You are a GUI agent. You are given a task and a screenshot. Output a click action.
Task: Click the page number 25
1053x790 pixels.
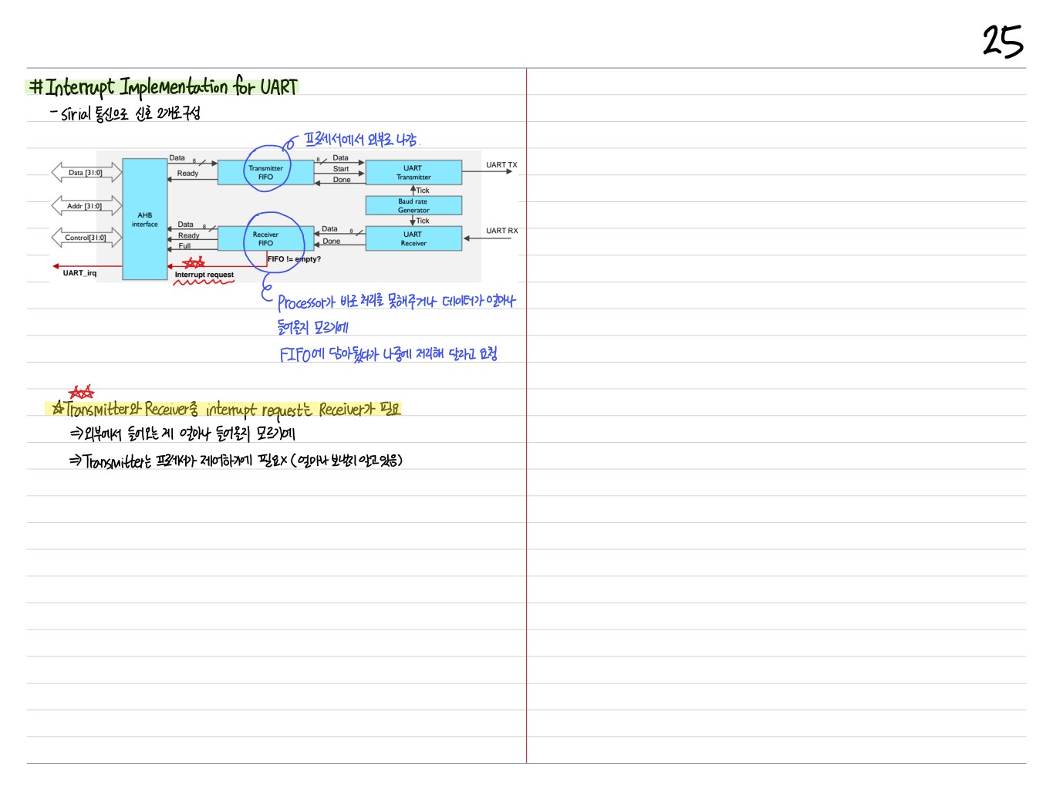click(1002, 41)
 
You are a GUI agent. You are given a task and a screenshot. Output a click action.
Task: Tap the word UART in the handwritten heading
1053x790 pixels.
click(278, 86)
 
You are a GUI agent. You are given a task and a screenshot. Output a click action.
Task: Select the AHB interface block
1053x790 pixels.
click(144, 220)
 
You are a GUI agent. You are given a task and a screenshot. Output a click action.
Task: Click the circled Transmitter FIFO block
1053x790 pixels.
click(265, 172)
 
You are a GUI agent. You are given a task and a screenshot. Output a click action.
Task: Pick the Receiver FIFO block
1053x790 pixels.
click(265, 238)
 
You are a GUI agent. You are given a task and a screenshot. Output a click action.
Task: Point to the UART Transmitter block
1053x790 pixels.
click(413, 172)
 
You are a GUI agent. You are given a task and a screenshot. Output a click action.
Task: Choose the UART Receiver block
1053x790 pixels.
click(413, 238)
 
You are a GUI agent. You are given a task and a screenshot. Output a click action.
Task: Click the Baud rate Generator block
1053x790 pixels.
click(413, 205)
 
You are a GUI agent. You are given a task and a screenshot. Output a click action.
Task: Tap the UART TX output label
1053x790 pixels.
click(501, 165)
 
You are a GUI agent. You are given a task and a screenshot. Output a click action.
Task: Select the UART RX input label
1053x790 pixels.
click(501, 231)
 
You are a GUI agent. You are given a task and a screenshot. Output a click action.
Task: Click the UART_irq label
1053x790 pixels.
click(79, 273)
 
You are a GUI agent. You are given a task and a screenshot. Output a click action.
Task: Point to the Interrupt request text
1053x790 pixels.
click(204, 275)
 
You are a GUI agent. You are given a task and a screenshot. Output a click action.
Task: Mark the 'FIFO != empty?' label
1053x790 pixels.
click(294, 259)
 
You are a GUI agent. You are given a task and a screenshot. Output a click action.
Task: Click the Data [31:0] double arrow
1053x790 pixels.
click(86, 172)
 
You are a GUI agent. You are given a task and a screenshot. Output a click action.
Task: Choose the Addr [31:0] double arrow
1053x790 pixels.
click(85, 206)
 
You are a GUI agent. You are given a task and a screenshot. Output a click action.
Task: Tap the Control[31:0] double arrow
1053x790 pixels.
click(86, 238)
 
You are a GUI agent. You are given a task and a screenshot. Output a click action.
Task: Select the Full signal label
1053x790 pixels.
click(184, 246)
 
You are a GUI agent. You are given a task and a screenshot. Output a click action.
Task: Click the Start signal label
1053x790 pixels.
click(341, 169)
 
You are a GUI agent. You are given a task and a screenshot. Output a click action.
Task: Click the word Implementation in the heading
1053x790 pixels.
click(173, 87)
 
